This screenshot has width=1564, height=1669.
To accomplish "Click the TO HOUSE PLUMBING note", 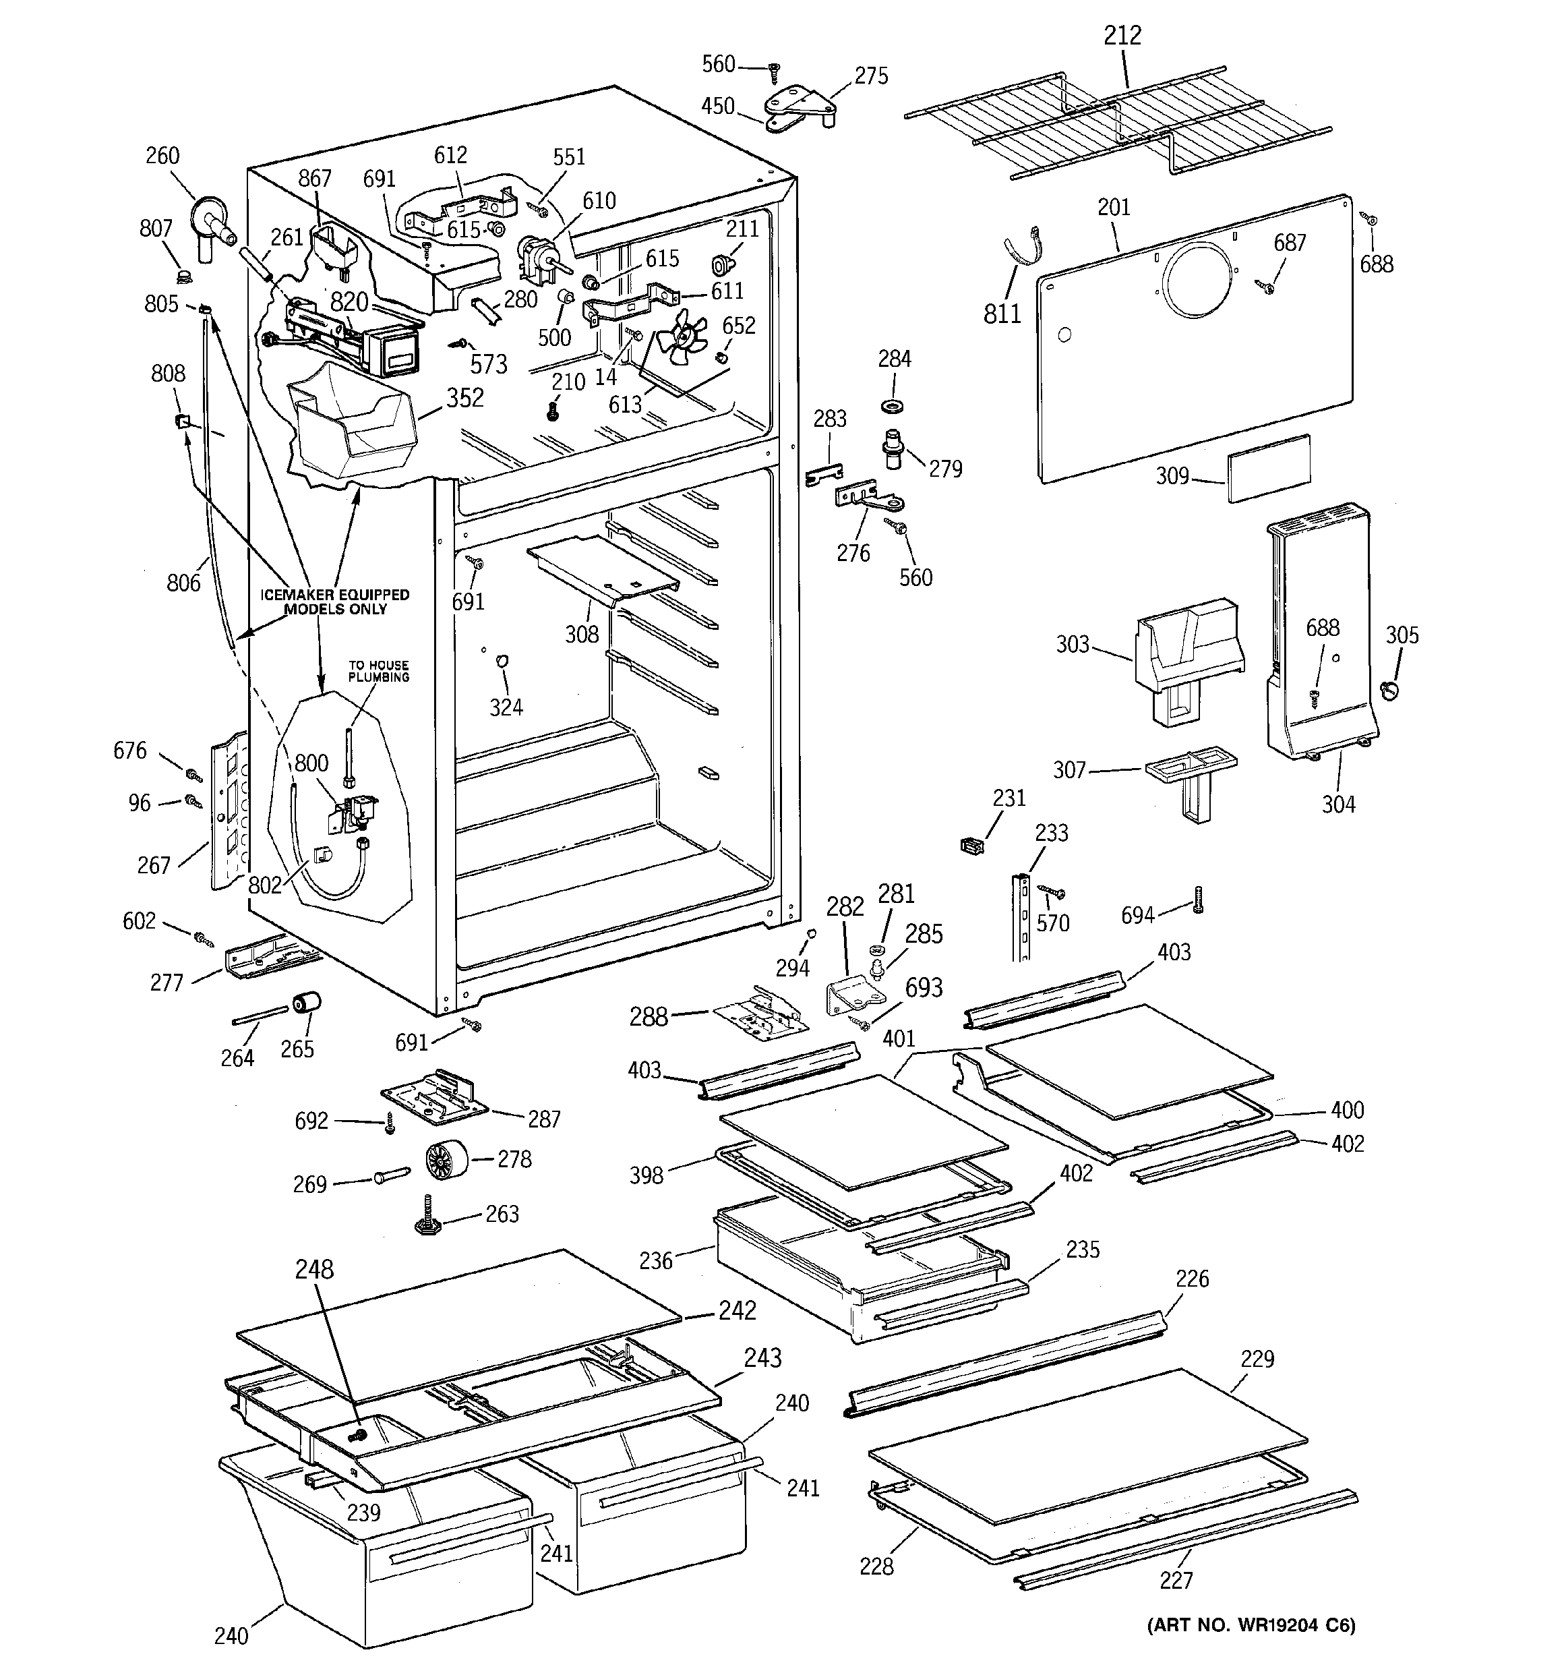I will coord(379,671).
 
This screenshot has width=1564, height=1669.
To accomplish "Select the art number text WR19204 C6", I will coord(1251,1648).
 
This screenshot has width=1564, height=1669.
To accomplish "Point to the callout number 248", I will coord(314,1269).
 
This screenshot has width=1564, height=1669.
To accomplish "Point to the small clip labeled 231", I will coord(971,844).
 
